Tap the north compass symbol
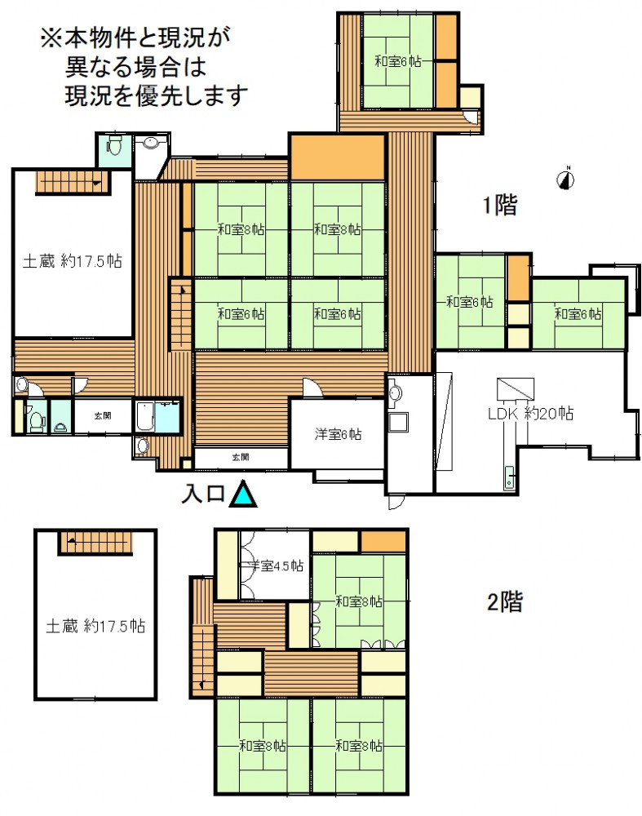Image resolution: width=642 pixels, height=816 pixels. click(566, 179)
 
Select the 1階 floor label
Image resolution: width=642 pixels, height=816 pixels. click(500, 204)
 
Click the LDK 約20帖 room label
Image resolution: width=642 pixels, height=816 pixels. click(531, 414)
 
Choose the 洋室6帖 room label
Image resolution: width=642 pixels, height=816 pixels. click(338, 434)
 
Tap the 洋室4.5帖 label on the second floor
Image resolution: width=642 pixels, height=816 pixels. click(277, 565)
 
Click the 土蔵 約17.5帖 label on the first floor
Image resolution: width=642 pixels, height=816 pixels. click(73, 261)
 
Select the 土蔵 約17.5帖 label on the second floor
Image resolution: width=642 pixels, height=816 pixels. click(95, 626)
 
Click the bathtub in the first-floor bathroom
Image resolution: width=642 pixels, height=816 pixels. click(144, 416)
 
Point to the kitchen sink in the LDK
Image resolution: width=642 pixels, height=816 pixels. click(509, 477)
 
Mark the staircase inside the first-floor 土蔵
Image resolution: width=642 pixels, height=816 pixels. click(73, 183)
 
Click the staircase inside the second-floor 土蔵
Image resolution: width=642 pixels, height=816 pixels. click(95, 543)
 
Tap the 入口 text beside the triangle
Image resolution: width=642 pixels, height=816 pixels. click(203, 494)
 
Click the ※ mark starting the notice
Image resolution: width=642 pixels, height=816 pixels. click(51, 38)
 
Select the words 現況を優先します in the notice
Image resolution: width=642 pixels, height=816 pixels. click(156, 95)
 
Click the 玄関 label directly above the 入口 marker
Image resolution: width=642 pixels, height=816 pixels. click(241, 457)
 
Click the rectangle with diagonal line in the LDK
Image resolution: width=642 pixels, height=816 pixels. click(516, 388)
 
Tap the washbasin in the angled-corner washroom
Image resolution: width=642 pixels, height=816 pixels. click(152, 143)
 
